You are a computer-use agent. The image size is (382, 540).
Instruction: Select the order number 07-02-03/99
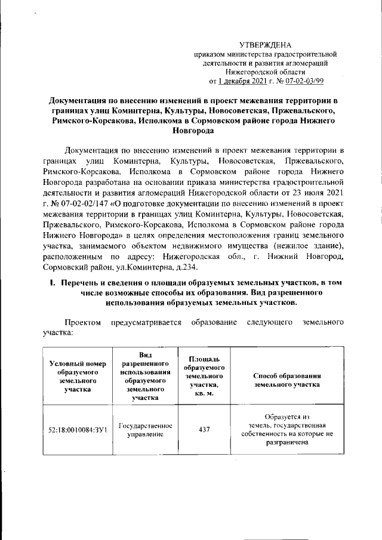303,81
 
